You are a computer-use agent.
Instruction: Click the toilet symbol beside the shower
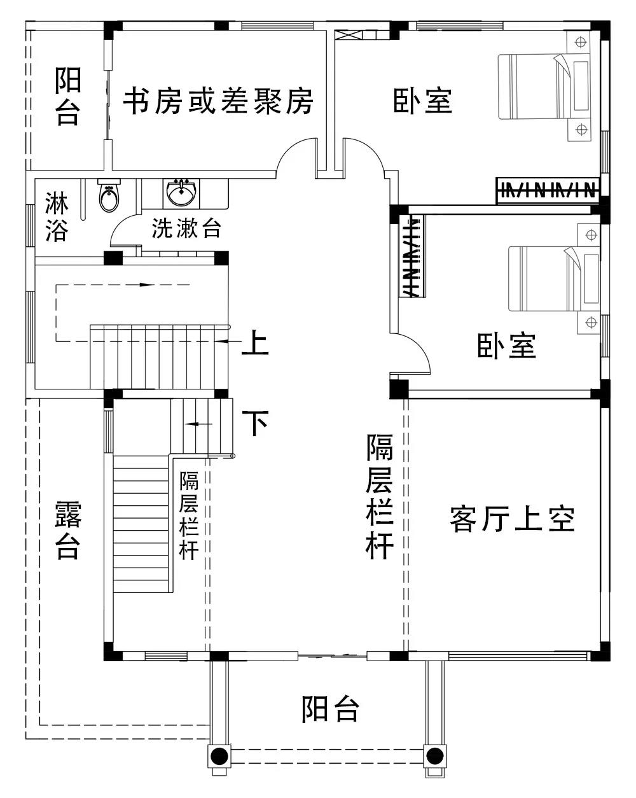(x=109, y=197)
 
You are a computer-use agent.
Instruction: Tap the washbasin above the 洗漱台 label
(x=181, y=192)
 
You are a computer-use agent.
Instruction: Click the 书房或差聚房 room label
(x=218, y=101)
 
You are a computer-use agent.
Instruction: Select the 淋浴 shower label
(x=57, y=217)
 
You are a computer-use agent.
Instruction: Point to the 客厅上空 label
(x=512, y=519)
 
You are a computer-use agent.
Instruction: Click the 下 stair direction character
(x=256, y=422)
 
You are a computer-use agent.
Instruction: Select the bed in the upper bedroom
(x=547, y=87)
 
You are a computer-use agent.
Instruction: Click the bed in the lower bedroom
(x=553, y=279)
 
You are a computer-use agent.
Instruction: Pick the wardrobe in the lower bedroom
(x=412, y=256)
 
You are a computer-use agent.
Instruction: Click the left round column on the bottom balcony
(x=219, y=756)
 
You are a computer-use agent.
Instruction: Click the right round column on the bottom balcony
(x=434, y=756)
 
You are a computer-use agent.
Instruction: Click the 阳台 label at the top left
(x=67, y=97)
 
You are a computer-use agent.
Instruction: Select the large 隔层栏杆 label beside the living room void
(x=380, y=496)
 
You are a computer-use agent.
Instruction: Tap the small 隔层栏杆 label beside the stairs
(x=189, y=515)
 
